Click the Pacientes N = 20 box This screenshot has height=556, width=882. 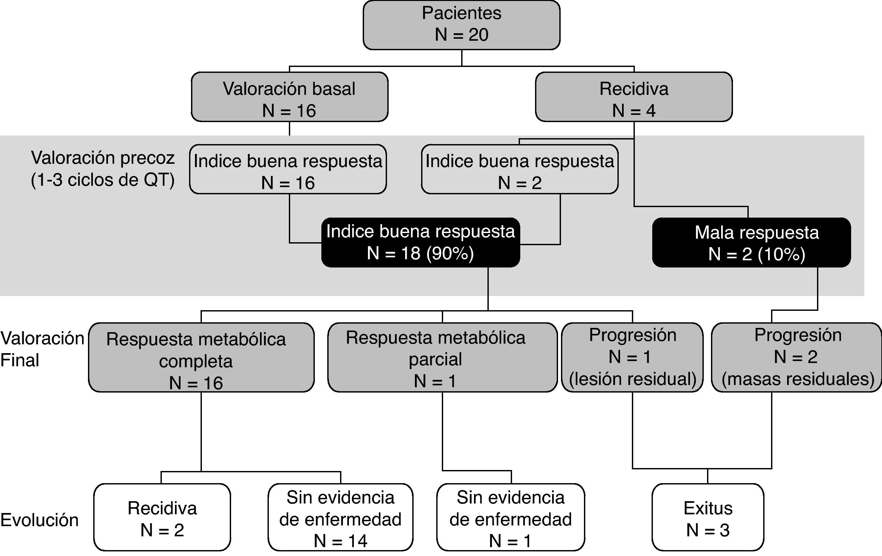[x=461, y=25]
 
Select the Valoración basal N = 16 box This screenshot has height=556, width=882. [x=290, y=97]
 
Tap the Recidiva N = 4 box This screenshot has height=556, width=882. [x=634, y=97]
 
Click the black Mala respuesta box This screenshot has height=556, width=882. [x=751, y=243]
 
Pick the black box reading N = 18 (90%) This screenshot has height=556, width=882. [x=420, y=243]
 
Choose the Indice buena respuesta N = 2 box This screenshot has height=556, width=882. [x=519, y=169]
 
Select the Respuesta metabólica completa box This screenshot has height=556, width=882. [x=201, y=357]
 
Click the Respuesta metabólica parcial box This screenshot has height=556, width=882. [x=442, y=357]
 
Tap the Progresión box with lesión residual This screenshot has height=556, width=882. [x=632, y=357]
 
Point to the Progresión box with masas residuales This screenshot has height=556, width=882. [x=796, y=357]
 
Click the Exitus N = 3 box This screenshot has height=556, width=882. [x=708, y=517]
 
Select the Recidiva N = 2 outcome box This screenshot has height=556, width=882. [x=162, y=517]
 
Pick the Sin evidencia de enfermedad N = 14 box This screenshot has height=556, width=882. [x=340, y=517]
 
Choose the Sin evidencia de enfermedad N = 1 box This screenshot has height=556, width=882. [x=511, y=517]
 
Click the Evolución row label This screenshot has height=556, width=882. [x=40, y=520]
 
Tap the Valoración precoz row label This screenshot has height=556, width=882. [x=102, y=158]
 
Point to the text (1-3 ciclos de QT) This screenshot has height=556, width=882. [x=102, y=180]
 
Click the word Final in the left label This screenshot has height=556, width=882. [x=20, y=360]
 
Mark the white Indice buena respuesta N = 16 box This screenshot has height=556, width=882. [x=288, y=169]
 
